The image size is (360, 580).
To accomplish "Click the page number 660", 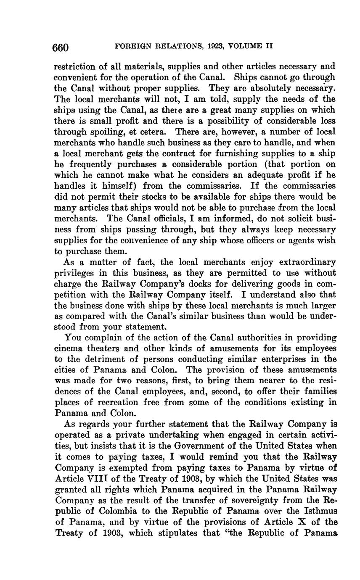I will [60, 47].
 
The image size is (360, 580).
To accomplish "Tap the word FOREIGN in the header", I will [131, 46].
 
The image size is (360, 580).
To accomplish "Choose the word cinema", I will [67, 349].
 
